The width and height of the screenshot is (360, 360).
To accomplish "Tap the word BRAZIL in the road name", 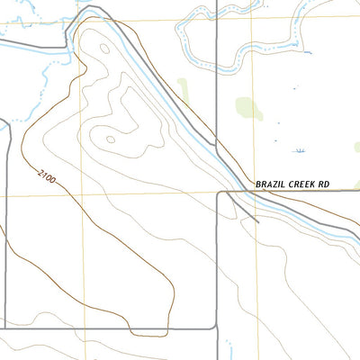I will [271, 184].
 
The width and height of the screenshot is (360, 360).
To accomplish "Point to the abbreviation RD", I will [324, 184].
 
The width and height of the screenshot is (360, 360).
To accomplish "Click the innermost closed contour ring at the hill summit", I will [109, 139].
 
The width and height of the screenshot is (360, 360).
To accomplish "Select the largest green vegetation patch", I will [249, 108].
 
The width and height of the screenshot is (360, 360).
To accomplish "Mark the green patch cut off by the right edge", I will [356, 146].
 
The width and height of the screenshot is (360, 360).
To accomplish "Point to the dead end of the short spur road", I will [258, 220].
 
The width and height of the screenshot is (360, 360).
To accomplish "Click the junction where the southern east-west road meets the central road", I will [218, 328].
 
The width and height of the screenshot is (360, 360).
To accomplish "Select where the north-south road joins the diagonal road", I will [217, 140].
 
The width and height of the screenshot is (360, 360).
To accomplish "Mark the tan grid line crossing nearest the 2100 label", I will [83, 193].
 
